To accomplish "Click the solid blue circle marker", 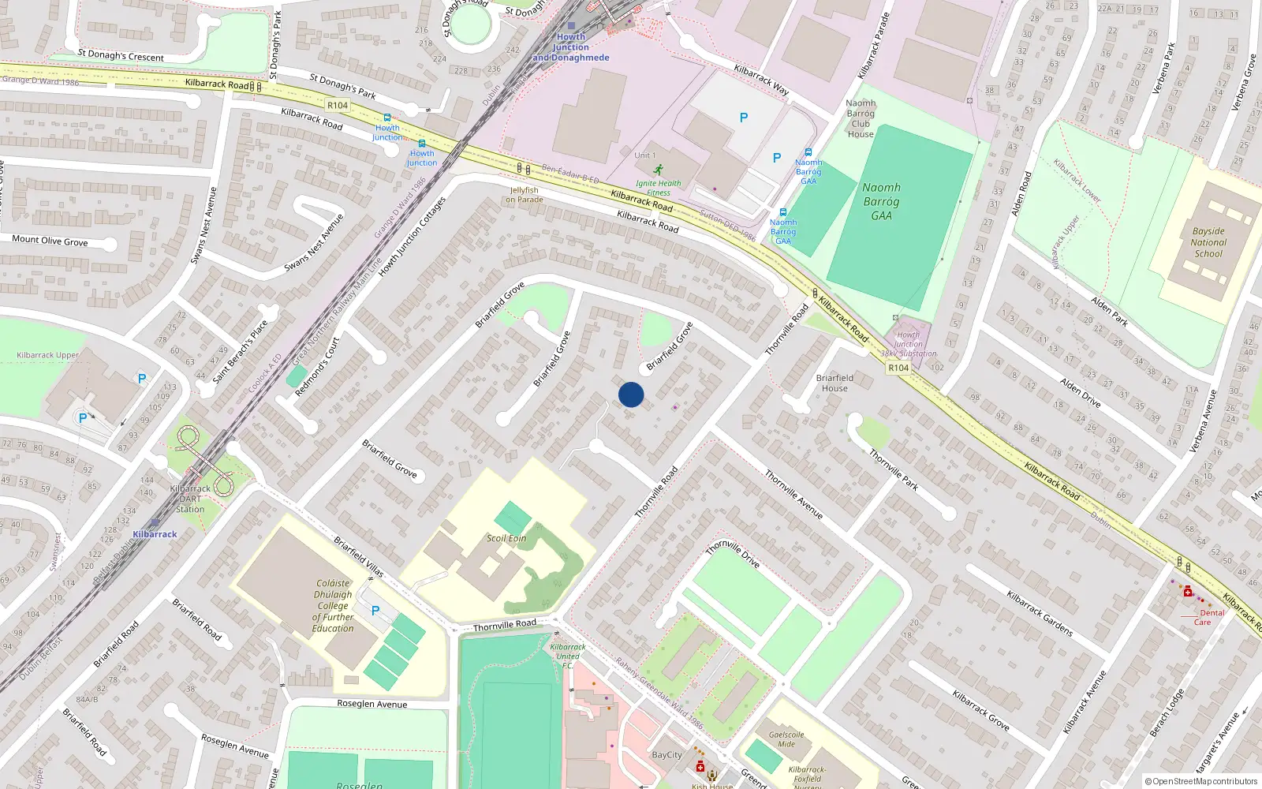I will tap(631, 394).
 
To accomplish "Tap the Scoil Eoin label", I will tap(506, 538).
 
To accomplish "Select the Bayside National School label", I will tap(1208, 243).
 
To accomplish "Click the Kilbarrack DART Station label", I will tap(190, 499).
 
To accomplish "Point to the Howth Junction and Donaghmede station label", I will tap(570, 47).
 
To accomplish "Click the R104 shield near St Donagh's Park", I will tap(338, 105).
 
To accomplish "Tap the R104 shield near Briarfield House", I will tap(898, 368).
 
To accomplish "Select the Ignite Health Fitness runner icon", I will tap(658, 170).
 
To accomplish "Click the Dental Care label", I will tap(1207, 617).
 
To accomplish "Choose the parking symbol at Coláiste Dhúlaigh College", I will tap(375, 611).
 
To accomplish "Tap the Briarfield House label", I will tap(834, 383).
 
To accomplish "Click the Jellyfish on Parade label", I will tap(525, 195).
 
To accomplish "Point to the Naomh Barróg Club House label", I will tap(861, 118).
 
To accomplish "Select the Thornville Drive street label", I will tap(733, 553).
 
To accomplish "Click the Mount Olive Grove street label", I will tap(50, 241).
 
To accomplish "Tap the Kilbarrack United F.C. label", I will tap(568, 656).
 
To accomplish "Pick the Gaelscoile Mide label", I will tap(786, 739).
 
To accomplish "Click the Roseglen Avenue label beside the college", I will tap(372, 704).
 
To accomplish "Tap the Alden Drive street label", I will tap(1081, 392).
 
